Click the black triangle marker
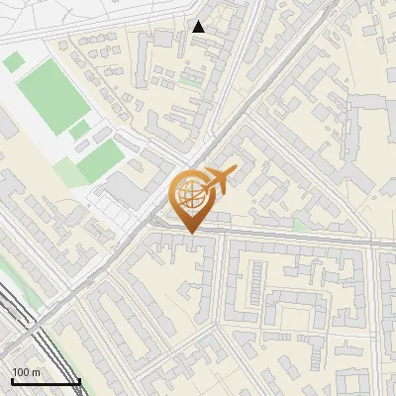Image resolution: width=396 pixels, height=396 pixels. tap(199, 28)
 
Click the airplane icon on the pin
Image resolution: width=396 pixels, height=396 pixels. tap(219, 181)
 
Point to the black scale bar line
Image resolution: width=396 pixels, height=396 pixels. tap(46, 382)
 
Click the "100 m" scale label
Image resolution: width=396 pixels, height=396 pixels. tap(27, 372)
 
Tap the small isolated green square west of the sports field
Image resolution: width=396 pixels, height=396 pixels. tap(13, 62)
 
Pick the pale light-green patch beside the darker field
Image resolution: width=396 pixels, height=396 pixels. tap(69, 172)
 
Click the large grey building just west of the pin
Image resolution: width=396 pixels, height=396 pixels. tap(125, 189)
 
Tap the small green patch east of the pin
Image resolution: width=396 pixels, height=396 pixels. tap(300, 226)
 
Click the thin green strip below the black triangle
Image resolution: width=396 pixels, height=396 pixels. tap(190, 83)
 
